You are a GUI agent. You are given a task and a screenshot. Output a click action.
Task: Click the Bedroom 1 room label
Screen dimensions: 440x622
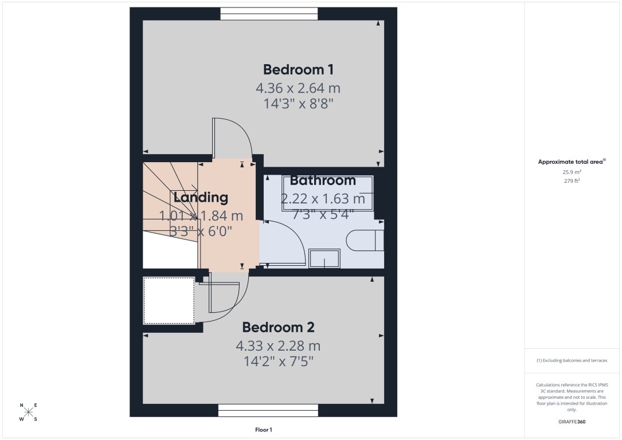tap(298, 70)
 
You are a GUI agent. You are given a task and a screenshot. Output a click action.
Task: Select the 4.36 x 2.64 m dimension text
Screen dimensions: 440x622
tap(298, 88)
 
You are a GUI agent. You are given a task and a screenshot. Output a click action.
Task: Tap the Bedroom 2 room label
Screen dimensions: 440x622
tap(278, 328)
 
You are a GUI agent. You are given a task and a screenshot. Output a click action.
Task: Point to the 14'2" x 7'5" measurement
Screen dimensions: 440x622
tap(278, 362)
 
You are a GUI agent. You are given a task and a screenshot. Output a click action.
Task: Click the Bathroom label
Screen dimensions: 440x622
tap(323, 181)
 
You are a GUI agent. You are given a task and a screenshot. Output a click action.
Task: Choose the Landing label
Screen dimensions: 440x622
tap(201, 198)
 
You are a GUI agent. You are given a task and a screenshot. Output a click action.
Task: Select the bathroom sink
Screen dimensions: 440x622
tap(324, 259)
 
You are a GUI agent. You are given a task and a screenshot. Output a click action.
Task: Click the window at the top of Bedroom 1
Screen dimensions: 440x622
tap(269, 13)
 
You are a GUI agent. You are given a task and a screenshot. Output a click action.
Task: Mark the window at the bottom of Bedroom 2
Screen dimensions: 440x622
tap(268, 410)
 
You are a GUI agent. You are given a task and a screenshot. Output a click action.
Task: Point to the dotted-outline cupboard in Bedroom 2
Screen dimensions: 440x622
tap(169, 301)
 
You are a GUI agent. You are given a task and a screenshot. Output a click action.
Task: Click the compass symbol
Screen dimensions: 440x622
tap(29, 412)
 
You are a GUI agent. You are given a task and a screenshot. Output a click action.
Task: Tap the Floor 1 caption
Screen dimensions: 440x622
tap(264, 430)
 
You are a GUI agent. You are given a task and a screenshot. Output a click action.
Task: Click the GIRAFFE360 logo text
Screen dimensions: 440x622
tap(572, 422)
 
